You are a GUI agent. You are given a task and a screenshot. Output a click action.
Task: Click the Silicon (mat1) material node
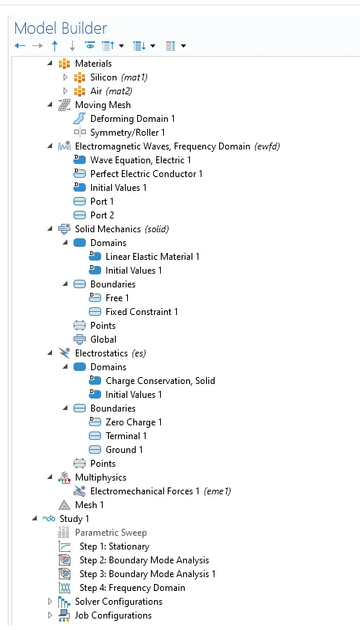click(x=119, y=77)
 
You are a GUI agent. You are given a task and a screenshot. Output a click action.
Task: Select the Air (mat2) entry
click(x=111, y=91)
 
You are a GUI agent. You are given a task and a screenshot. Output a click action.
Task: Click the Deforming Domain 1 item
click(x=133, y=119)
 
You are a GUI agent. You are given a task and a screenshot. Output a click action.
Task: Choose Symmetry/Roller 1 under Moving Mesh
click(x=127, y=132)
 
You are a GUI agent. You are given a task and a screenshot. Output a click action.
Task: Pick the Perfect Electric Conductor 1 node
click(x=146, y=174)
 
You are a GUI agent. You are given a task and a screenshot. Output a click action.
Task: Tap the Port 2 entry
click(x=102, y=215)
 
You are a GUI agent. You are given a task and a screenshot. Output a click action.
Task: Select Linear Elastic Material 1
click(x=152, y=257)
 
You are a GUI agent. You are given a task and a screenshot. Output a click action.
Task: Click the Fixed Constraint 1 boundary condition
click(x=142, y=312)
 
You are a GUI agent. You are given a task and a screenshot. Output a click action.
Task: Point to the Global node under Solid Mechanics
click(x=103, y=340)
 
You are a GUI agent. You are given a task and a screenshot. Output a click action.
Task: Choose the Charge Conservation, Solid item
click(x=160, y=381)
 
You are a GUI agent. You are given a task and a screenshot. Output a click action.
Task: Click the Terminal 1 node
click(x=126, y=436)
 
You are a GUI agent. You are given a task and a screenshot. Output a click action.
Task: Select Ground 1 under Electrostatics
click(x=124, y=450)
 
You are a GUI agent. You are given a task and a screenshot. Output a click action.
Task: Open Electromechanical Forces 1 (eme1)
click(x=161, y=491)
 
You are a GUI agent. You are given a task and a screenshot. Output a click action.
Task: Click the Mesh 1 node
click(x=89, y=505)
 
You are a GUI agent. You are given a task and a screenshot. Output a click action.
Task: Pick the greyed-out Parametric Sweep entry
click(x=111, y=533)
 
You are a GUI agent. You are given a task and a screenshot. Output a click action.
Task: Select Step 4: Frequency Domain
click(x=132, y=588)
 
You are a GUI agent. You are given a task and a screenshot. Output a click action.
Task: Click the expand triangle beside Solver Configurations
click(x=50, y=602)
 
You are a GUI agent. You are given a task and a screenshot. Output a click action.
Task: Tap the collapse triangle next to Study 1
click(x=34, y=519)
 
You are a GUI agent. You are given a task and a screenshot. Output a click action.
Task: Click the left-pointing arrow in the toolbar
click(x=20, y=46)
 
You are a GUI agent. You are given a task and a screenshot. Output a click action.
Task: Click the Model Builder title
click(x=61, y=28)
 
